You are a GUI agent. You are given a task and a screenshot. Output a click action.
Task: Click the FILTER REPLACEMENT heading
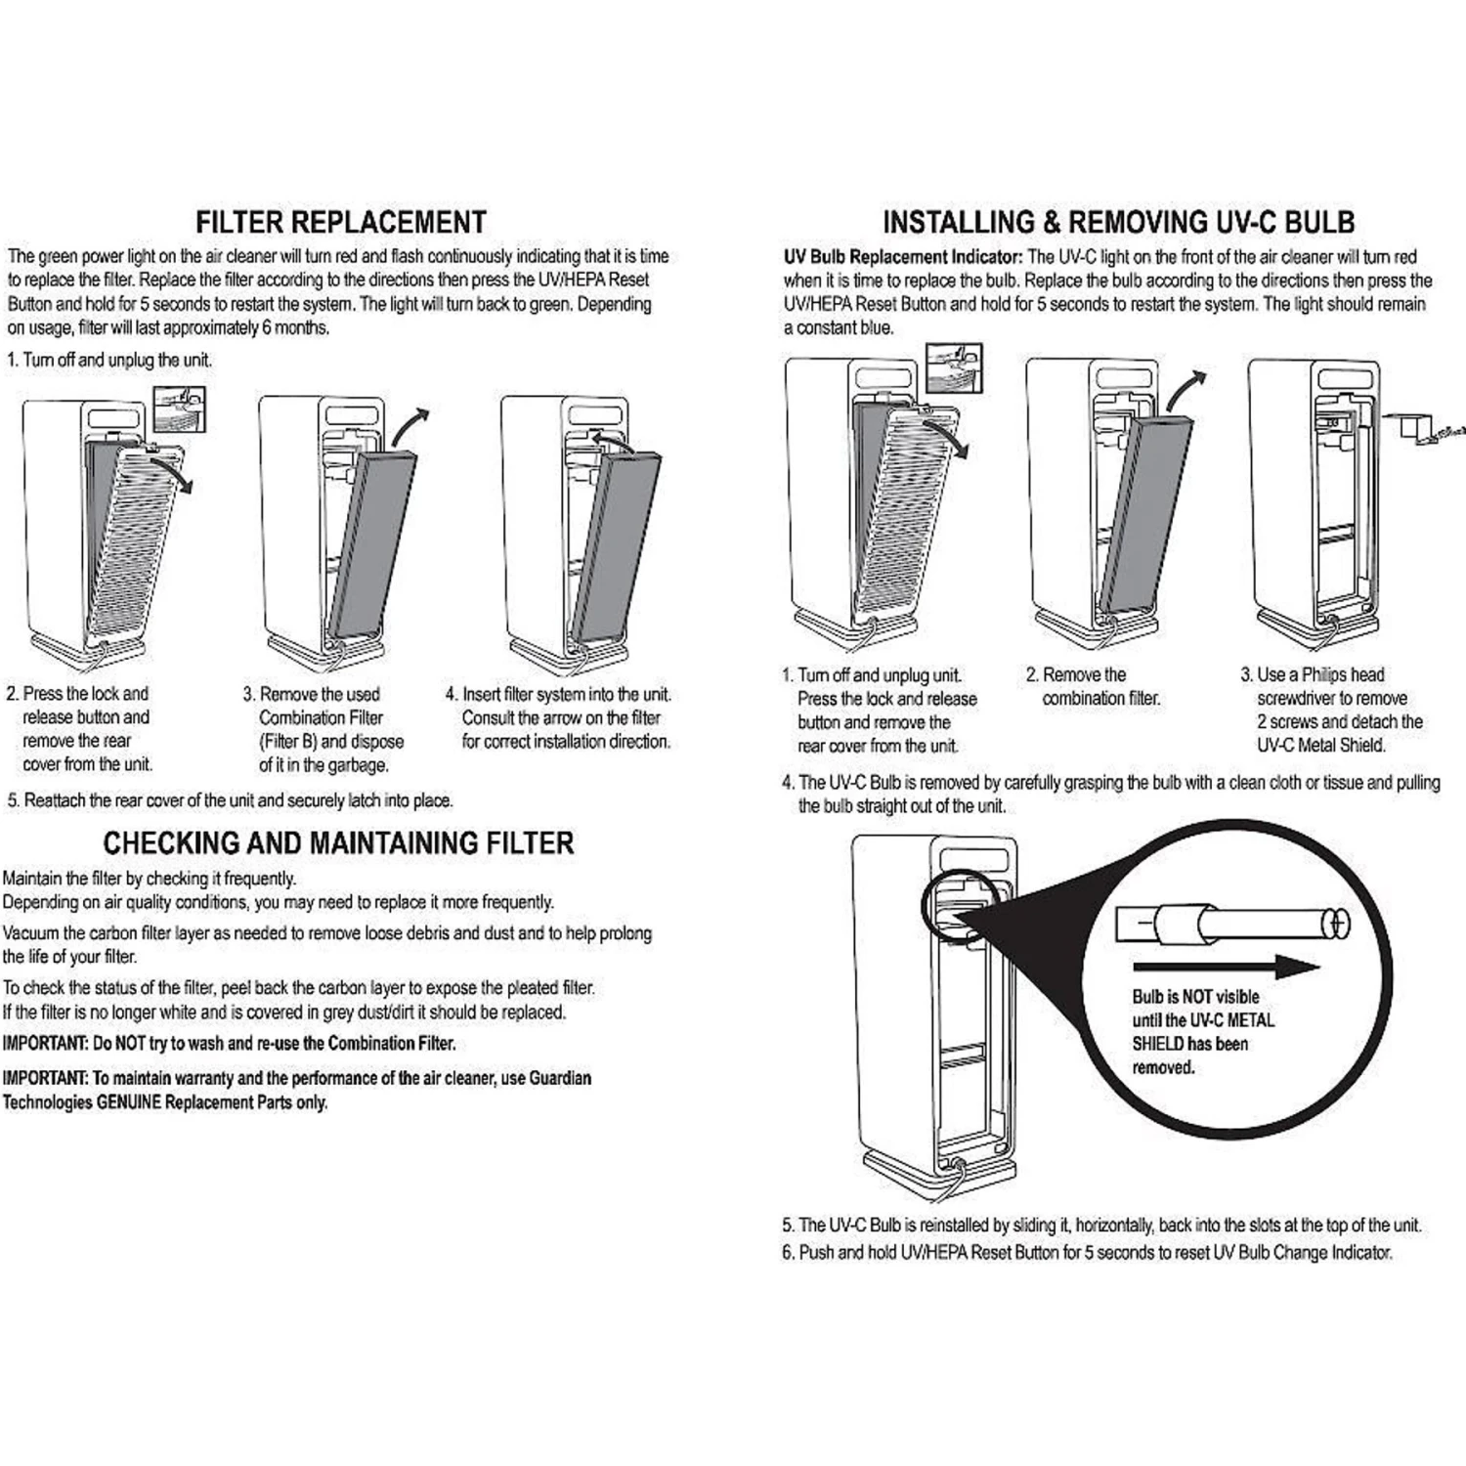pos(340,222)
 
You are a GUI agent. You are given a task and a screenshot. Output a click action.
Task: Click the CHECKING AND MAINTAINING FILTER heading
pos(338,842)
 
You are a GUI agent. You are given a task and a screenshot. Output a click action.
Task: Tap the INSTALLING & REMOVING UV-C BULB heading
pos(1118,222)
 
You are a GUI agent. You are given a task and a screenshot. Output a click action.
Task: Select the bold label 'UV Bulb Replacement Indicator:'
pos(903,257)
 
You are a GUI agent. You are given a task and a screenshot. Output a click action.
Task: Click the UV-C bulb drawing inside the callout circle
pos(1232,923)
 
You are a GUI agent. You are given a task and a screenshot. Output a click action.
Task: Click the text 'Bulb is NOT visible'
pos(1195,997)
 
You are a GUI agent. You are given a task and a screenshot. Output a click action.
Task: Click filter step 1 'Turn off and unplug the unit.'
pos(109,360)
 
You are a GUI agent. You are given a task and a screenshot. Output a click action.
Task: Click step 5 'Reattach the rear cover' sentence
pos(230,800)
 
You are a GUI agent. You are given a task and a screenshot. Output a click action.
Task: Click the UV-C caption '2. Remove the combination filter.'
pos(1093,686)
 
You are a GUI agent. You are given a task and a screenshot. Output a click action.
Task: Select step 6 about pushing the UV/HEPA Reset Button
pos(1086,1252)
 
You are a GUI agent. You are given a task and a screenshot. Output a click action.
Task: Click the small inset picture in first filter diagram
pos(180,408)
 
